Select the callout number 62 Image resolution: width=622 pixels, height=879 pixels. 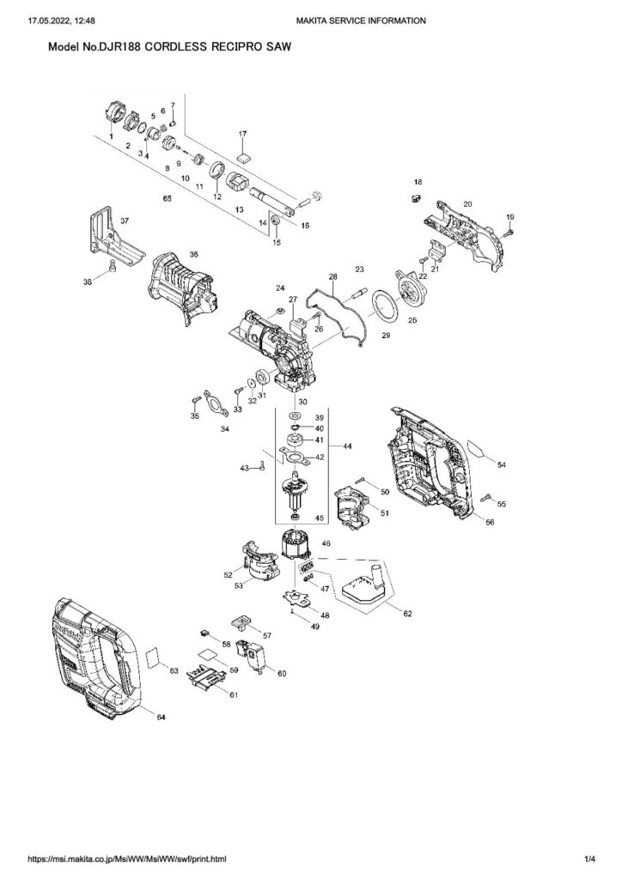click(407, 614)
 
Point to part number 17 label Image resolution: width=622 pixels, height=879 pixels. click(242, 134)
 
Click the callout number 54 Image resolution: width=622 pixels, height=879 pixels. click(502, 464)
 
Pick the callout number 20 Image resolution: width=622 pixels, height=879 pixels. click(468, 203)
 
